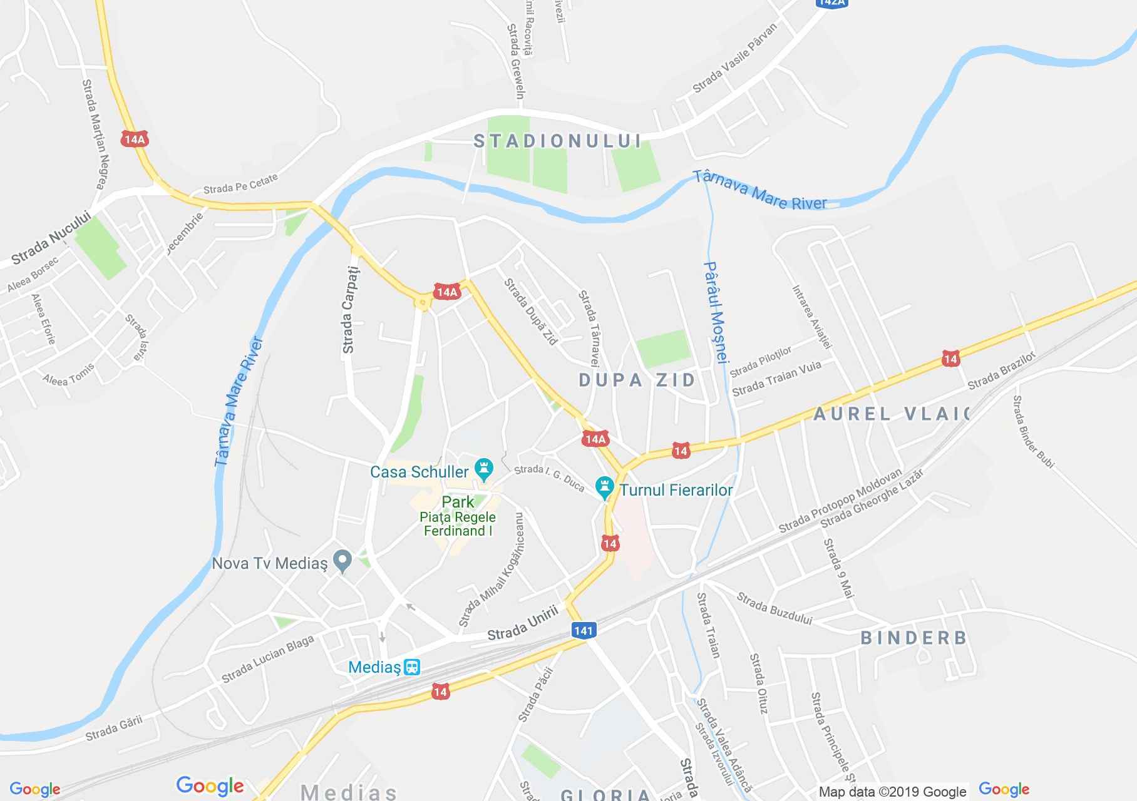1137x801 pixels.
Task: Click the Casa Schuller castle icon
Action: [x=483, y=467]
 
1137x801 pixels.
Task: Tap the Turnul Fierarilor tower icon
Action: [x=604, y=488]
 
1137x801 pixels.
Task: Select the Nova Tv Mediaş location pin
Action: [x=342, y=561]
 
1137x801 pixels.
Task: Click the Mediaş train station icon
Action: [x=411, y=667]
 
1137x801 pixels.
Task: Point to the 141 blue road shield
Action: [x=583, y=630]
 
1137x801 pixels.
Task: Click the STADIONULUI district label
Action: [x=558, y=141]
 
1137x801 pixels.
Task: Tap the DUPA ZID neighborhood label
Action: [x=637, y=380]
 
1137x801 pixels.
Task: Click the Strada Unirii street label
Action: [x=522, y=625]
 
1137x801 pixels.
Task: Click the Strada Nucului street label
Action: [x=51, y=238]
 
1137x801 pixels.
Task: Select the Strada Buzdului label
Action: [x=774, y=609]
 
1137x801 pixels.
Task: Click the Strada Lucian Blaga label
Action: [x=267, y=660]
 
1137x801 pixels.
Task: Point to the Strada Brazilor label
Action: [x=1002, y=370]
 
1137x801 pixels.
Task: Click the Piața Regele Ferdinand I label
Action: [x=458, y=524]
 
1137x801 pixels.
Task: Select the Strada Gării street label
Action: [x=114, y=728]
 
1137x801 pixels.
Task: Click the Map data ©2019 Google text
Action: [x=893, y=792]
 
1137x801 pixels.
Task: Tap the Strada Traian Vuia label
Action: [x=776, y=378]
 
